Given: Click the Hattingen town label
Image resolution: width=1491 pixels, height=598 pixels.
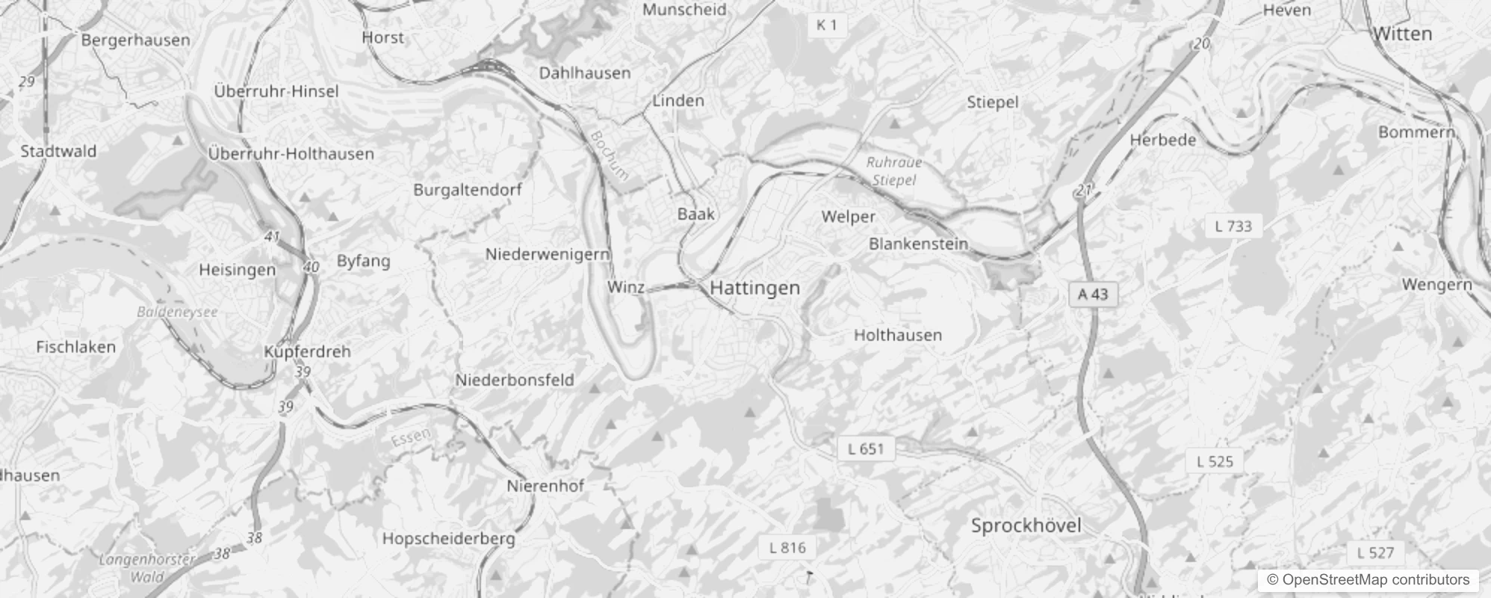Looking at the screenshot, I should (754, 288).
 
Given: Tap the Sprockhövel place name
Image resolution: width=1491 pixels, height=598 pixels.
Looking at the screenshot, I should (1026, 525).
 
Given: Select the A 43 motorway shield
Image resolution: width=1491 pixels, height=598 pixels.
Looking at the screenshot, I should (1092, 295).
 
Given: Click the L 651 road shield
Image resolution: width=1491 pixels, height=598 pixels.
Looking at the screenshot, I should (866, 449).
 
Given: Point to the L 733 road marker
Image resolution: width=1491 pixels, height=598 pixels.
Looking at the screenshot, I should (1233, 226).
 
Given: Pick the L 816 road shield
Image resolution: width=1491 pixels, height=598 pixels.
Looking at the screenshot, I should (787, 548).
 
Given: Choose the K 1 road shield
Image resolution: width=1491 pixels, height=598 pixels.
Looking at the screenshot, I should (826, 25).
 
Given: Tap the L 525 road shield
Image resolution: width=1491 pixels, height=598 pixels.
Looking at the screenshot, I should (1215, 461).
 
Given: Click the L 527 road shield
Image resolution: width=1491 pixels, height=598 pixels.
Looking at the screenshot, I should (1375, 553).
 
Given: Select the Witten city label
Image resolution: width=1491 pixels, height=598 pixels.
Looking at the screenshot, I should (1402, 34).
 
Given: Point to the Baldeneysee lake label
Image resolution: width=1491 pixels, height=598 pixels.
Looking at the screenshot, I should (177, 312).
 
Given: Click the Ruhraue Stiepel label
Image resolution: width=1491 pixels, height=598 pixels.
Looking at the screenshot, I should (894, 171).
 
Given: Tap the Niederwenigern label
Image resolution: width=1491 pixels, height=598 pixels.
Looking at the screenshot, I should (548, 254).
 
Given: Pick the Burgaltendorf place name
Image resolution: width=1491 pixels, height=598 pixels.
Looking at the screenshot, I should (468, 190).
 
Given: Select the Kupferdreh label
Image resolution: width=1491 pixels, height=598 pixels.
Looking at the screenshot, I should (307, 351).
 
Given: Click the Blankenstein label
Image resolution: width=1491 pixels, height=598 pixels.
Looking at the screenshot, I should (918, 244).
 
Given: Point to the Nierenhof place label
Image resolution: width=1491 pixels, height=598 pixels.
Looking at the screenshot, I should (545, 486).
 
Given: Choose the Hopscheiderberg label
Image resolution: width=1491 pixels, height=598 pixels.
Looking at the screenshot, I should (448, 538).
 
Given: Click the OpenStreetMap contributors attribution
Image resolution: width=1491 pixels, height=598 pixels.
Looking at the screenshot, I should (1368, 580).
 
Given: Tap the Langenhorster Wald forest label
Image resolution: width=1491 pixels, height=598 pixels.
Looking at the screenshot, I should (147, 567).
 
